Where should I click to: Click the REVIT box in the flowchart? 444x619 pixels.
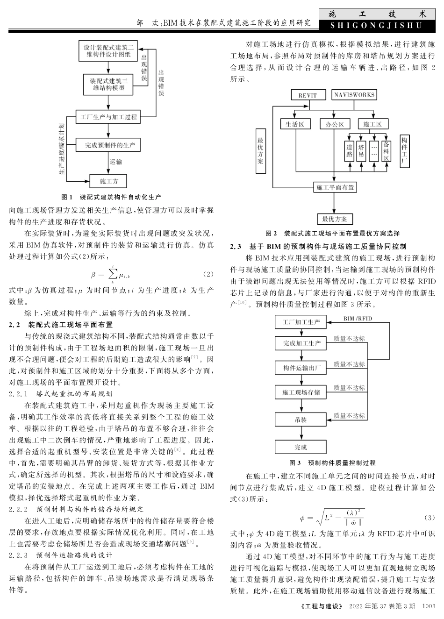click(x=307, y=95)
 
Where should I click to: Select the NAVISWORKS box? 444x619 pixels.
click(x=354, y=95)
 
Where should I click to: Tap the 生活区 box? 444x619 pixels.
click(x=295, y=124)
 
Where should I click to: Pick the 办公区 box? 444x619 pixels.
click(x=335, y=124)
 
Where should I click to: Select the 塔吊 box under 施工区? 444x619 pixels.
click(x=361, y=151)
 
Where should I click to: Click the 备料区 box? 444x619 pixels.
click(x=386, y=151)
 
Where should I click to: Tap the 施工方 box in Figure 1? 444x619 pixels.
click(x=109, y=181)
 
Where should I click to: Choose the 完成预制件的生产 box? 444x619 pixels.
click(x=109, y=145)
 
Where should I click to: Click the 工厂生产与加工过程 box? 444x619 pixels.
click(x=109, y=117)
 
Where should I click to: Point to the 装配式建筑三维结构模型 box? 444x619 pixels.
click(x=109, y=84)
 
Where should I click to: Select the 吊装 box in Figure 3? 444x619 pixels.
click(x=301, y=420)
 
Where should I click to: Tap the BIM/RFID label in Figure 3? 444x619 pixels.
click(x=358, y=318)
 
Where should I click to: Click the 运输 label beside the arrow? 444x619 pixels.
click(x=116, y=162)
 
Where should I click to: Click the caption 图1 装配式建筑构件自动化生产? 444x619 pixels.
click(x=112, y=197)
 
